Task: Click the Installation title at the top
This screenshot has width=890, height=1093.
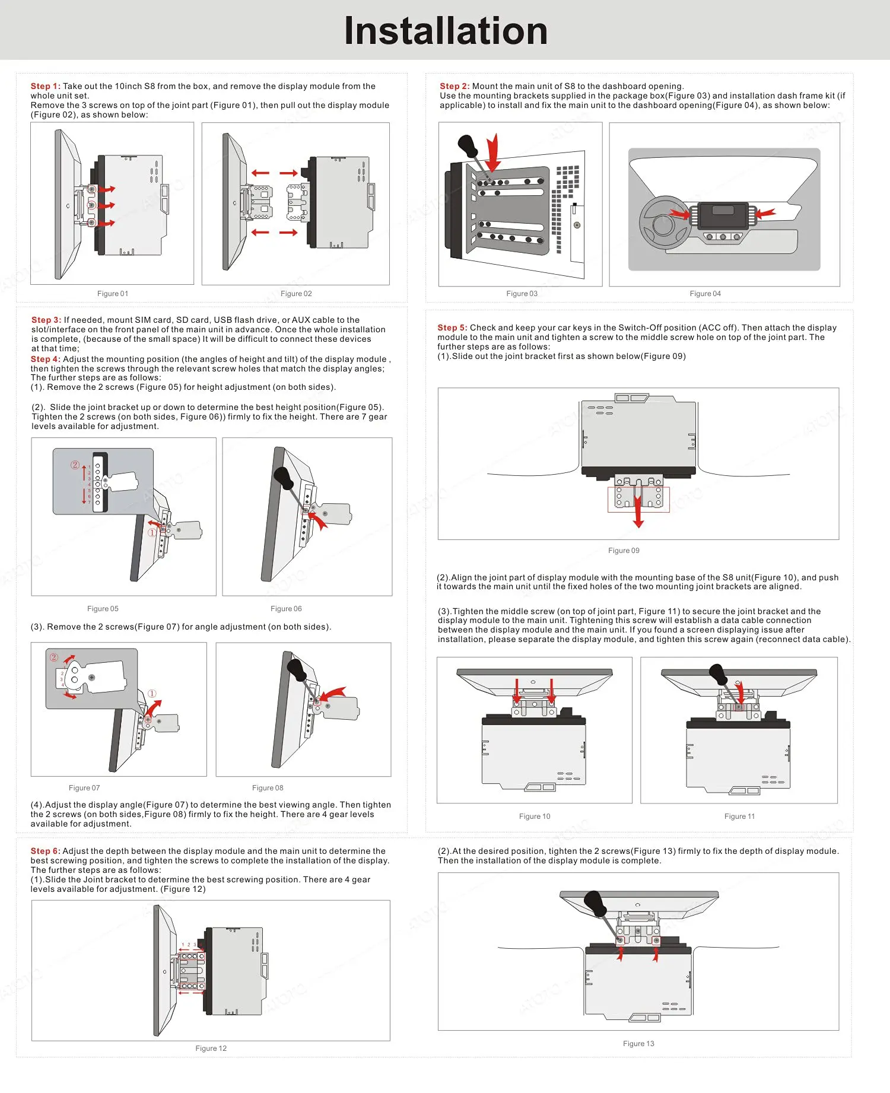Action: point(446,31)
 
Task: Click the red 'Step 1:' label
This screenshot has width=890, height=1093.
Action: point(45,86)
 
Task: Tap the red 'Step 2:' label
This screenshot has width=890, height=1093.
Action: point(454,86)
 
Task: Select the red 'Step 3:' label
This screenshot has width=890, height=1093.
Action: point(46,320)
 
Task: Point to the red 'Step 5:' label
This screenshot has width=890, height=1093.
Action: point(452,328)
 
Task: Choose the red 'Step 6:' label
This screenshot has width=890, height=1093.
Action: point(45,851)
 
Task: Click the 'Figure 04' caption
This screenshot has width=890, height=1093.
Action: point(705,294)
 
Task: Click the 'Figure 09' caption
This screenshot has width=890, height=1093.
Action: point(624,551)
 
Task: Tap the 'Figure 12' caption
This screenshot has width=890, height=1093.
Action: point(211,1048)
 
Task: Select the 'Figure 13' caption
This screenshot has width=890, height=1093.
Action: point(638,1044)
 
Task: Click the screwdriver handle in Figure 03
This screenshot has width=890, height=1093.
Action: point(468,145)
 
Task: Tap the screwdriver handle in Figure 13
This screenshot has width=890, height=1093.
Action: point(595,903)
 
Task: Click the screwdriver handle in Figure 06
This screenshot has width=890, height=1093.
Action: point(283,477)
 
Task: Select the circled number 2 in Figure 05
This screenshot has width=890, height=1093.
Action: point(75,465)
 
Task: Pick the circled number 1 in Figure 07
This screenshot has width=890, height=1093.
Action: point(152,694)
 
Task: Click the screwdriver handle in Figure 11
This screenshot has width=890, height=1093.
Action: point(717,673)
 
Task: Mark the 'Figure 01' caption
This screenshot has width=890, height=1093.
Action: point(113,294)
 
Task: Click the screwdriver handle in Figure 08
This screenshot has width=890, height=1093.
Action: point(296,669)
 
